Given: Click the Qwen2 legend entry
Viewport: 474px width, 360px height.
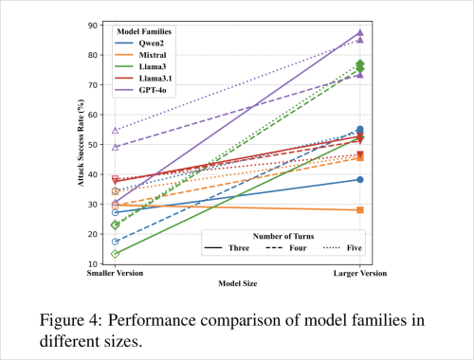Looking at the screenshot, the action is pyautogui.click(x=139, y=44).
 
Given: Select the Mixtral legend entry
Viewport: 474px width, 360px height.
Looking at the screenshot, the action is pyautogui.click(x=140, y=55).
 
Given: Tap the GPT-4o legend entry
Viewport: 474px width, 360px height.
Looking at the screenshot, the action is pyautogui.click(x=140, y=90).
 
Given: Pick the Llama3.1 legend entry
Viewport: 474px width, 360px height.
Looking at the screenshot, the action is pyautogui.click(x=143, y=79).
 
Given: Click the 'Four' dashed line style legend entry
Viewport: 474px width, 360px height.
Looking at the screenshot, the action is pyautogui.click(x=286, y=248).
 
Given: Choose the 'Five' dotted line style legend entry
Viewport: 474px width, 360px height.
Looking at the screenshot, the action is pyautogui.click(x=342, y=248).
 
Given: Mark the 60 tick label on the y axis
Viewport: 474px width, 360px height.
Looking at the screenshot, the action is pyautogui.click(x=93, y=115).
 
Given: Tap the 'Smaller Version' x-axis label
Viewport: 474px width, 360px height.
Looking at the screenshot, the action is pyautogui.click(x=115, y=273).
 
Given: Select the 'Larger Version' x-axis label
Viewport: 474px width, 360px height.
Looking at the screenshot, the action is pyautogui.click(x=360, y=273).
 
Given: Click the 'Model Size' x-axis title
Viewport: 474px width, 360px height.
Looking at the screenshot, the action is pyautogui.click(x=238, y=283).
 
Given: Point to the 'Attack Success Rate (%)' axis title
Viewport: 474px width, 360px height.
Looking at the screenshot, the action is pyautogui.click(x=81, y=143).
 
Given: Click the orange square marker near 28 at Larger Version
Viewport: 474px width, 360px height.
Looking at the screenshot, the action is pyautogui.click(x=360, y=210).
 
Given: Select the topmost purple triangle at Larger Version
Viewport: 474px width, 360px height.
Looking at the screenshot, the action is pyautogui.click(x=360, y=33).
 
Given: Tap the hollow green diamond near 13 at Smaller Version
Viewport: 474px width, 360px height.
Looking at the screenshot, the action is pyautogui.click(x=115, y=254).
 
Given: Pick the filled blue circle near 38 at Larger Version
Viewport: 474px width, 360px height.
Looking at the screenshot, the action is pyautogui.click(x=360, y=180).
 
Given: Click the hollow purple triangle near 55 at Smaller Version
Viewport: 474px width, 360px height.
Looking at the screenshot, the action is pyautogui.click(x=115, y=131).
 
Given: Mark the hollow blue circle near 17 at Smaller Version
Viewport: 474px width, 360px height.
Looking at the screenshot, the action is pyautogui.click(x=115, y=242).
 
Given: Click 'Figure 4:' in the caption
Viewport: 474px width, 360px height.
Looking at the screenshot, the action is pyautogui.click(x=71, y=320).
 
